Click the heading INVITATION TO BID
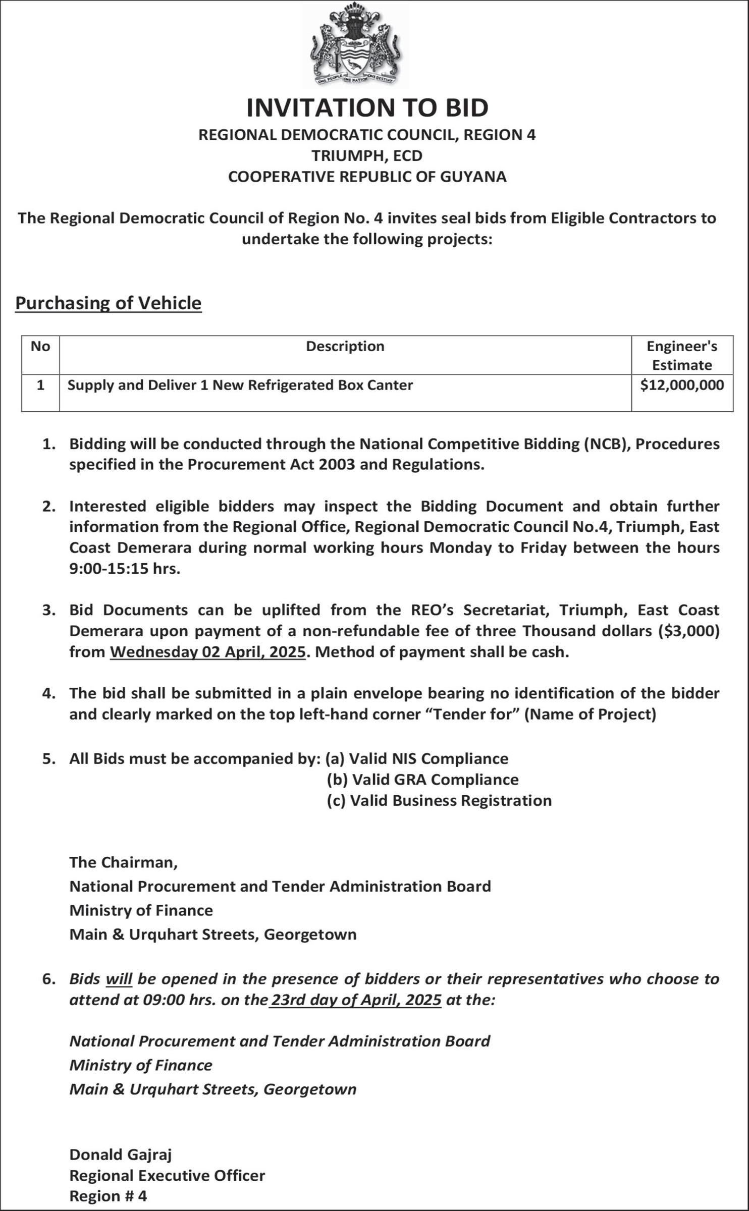click(x=367, y=107)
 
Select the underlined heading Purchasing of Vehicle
click(x=109, y=303)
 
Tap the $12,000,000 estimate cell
click(x=682, y=386)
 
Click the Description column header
click(x=345, y=347)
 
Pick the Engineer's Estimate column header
click(x=682, y=355)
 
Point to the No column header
click(x=40, y=347)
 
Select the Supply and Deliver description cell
click(x=240, y=386)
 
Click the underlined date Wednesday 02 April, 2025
click(x=208, y=652)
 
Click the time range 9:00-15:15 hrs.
click(x=125, y=569)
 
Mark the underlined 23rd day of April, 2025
click(x=356, y=1000)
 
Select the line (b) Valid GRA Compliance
click(x=423, y=780)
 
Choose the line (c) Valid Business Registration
click(x=439, y=801)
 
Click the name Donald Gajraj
click(x=121, y=1154)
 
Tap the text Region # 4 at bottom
click(x=108, y=1196)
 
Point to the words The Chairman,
click(x=124, y=862)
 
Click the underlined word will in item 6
click(x=119, y=979)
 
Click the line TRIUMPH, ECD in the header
click(x=367, y=156)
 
